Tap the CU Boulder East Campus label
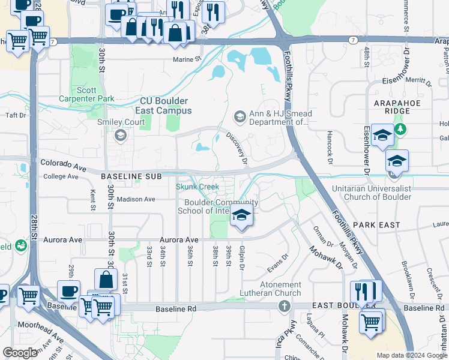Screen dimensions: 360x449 [x=165, y=106]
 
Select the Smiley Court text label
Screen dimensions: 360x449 [x=121, y=122]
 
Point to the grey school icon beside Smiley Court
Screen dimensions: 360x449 [x=121, y=135]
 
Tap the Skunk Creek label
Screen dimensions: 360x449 [x=197, y=187]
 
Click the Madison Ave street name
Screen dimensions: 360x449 [x=136, y=199]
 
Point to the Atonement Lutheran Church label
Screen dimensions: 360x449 [x=288, y=289]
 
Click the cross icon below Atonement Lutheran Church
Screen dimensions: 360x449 [x=285, y=307]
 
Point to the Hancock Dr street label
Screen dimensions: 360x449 [x=330, y=148]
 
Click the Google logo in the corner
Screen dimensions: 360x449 [x=20, y=352]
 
